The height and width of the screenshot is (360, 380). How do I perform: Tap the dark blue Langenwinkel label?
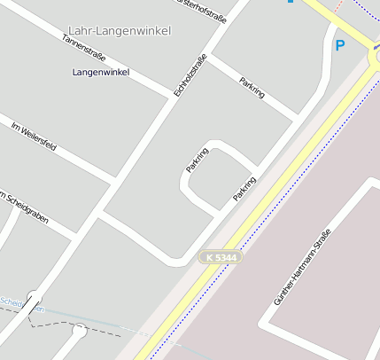(x=101, y=71)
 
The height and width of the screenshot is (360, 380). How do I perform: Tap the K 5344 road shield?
(x=219, y=257)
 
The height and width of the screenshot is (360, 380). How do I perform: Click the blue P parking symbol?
(x=339, y=44)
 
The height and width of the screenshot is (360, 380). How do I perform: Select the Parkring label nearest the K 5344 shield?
(x=244, y=188)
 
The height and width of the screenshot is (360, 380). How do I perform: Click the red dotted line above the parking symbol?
(x=338, y=13)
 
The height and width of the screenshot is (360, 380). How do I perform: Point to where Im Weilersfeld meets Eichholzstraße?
(x=112, y=181)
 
